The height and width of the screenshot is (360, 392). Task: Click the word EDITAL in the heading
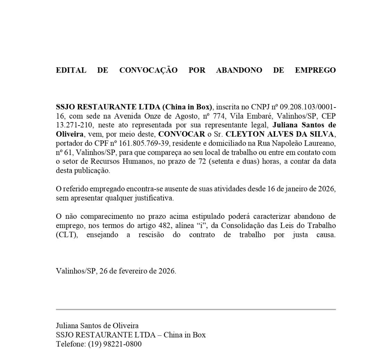coord(71,70)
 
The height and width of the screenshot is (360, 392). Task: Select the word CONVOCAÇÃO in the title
coord(148,70)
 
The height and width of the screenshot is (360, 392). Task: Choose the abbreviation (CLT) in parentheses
coord(64,235)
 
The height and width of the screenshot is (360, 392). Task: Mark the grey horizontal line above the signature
coord(196,309)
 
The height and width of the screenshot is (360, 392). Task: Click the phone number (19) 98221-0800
coord(115,344)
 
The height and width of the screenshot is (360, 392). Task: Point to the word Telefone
coord(70,344)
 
